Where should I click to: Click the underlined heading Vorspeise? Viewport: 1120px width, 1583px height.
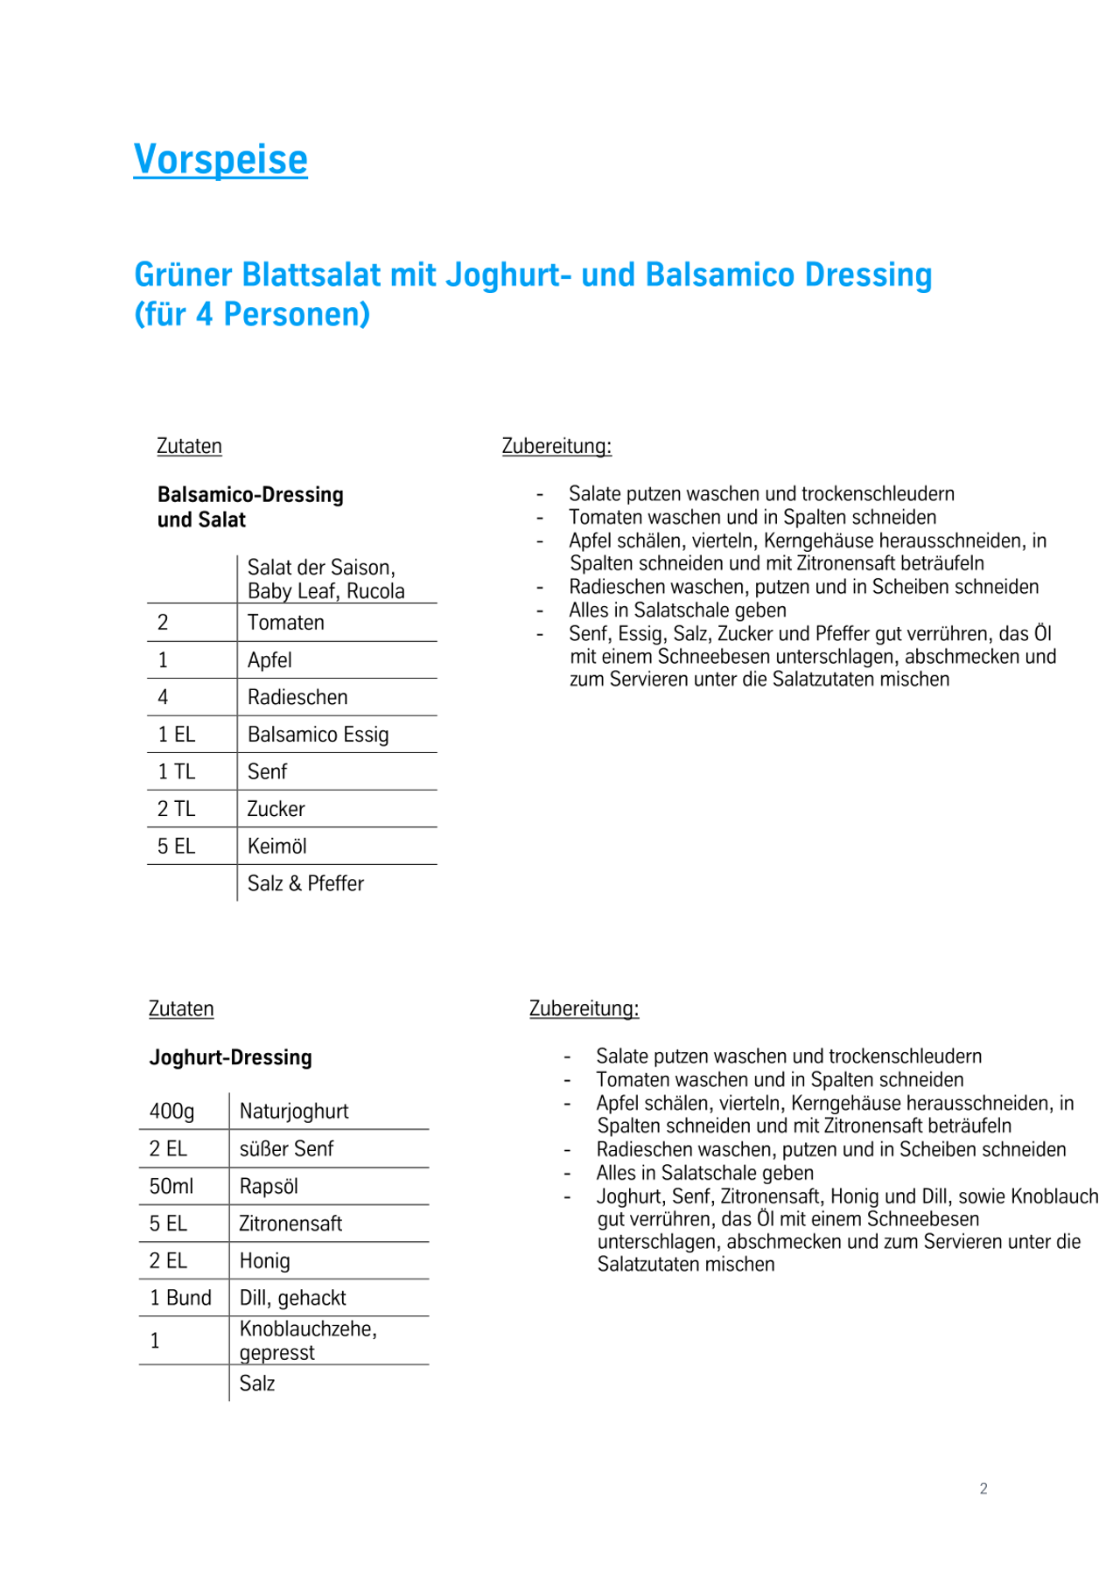(x=220, y=159)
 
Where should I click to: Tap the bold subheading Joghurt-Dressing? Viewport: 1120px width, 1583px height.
(x=230, y=1057)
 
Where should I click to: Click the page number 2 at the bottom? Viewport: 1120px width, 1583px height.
(x=983, y=1489)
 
